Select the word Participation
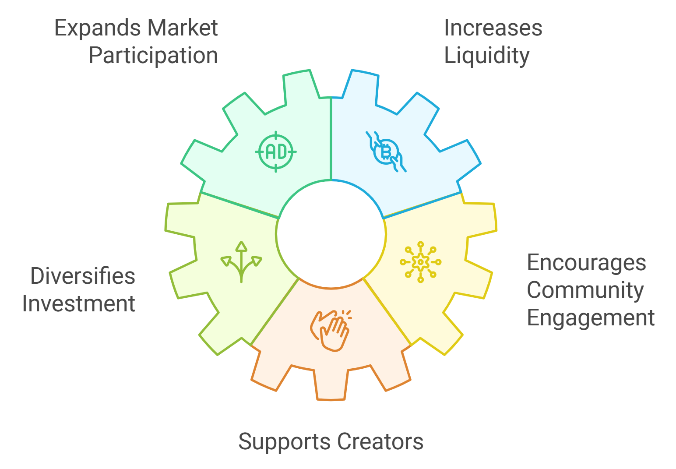(153, 56)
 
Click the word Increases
(493, 28)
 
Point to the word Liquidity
(487, 56)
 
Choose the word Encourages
(586, 263)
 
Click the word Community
(585, 290)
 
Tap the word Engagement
(591, 318)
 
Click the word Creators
(380, 441)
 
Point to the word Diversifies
(83, 276)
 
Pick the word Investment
(79, 304)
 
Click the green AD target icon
(276, 152)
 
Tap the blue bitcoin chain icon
(386, 152)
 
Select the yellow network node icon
(420, 262)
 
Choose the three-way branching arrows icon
(241, 261)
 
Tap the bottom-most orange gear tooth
(331, 385)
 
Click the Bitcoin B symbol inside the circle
(386, 152)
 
